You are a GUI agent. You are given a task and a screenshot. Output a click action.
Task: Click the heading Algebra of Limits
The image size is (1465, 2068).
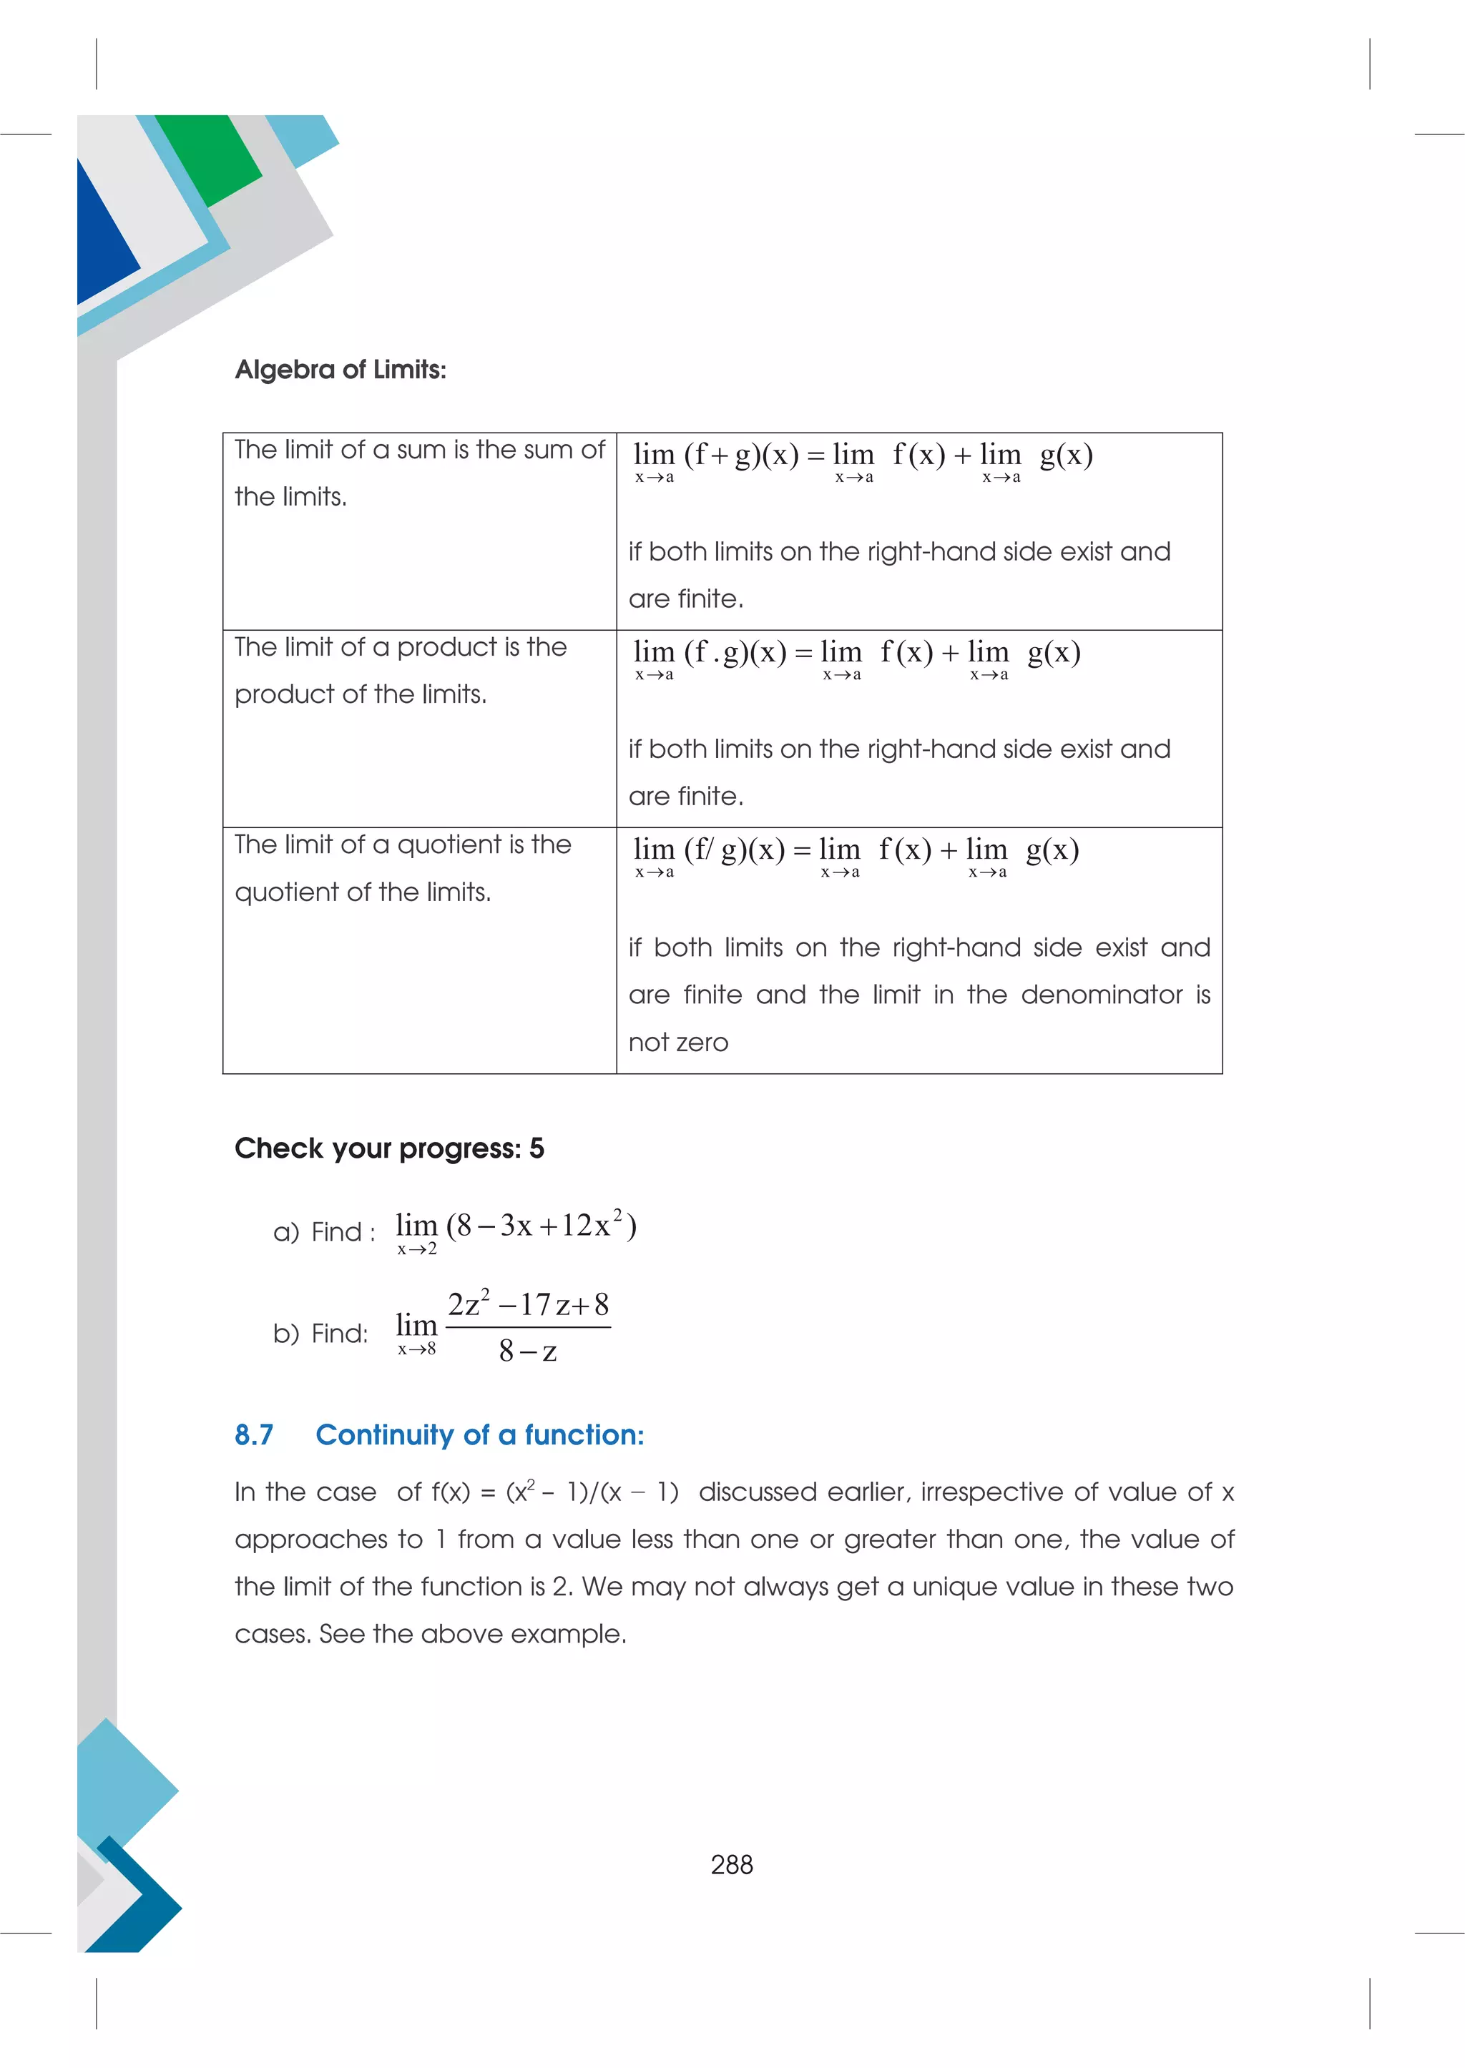(x=340, y=370)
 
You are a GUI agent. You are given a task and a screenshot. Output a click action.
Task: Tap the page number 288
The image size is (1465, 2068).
(x=732, y=1864)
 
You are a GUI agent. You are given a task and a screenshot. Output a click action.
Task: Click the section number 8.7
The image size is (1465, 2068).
(x=253, y=1435)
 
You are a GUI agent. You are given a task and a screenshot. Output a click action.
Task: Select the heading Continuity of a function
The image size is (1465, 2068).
(x=479, y=1435)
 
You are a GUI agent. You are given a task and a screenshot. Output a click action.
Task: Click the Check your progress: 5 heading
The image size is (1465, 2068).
(x=389, y=1148)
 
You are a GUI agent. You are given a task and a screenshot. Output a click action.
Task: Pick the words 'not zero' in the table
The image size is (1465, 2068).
(x=677, y=1043)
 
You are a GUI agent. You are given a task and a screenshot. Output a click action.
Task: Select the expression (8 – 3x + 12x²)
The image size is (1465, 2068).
(x=542, y=1226)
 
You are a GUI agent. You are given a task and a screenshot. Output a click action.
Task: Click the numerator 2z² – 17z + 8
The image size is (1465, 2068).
(x=528, y=1305)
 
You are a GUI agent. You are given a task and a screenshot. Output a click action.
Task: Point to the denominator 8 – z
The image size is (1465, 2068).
(x=528, y=1351)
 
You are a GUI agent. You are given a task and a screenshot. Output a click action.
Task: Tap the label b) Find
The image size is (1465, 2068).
(x=320, y=1334)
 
